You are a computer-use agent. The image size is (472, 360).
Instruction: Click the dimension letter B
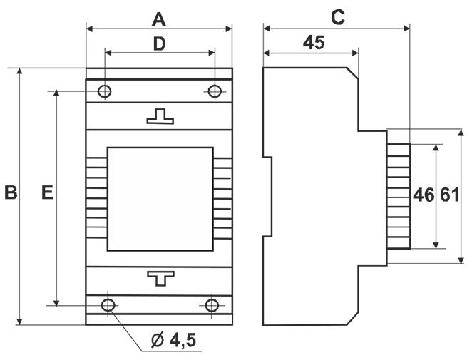[x=10, y=192]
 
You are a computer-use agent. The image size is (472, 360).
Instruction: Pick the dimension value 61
[x=449, y=195]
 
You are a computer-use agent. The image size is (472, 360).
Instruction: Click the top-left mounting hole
[x=105, y=91]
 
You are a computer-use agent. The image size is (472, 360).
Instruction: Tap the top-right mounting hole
[x=214, y=91]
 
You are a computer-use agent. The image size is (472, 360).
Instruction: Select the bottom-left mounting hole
[x=108, y=305]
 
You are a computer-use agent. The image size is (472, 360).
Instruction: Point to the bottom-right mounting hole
[x=212, y=305]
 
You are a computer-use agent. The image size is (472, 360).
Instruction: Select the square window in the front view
[x=160, y=199]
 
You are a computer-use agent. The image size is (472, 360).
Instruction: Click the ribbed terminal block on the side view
[x=399, y=195]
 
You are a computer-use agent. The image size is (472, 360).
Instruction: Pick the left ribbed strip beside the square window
[x=96, y=199]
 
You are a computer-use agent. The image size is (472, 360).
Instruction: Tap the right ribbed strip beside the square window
[x=222, y=199]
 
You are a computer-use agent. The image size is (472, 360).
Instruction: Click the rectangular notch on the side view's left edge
[x=267, y=196]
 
